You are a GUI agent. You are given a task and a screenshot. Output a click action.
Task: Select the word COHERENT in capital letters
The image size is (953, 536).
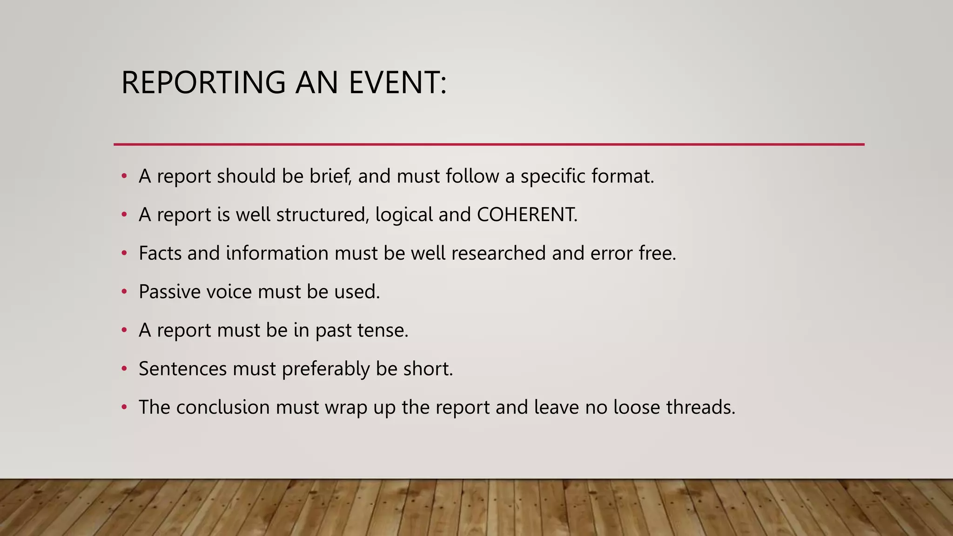pyautogui.click(x=526, y=214)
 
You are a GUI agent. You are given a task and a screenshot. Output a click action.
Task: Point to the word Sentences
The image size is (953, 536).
pyautogui.click(x=182, y=368)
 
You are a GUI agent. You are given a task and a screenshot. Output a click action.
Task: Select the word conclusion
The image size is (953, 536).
pyautogui.click(x=223, y=407)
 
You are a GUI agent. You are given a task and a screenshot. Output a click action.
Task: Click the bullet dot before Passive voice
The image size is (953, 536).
pyautogui.click(x=124, y=292)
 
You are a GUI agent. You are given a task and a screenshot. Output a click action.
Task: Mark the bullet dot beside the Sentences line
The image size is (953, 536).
pyautogui.click(x=124, y=368)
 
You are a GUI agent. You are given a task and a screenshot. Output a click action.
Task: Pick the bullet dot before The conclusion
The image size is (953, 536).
pyautogui.click(x=124, y=407)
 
